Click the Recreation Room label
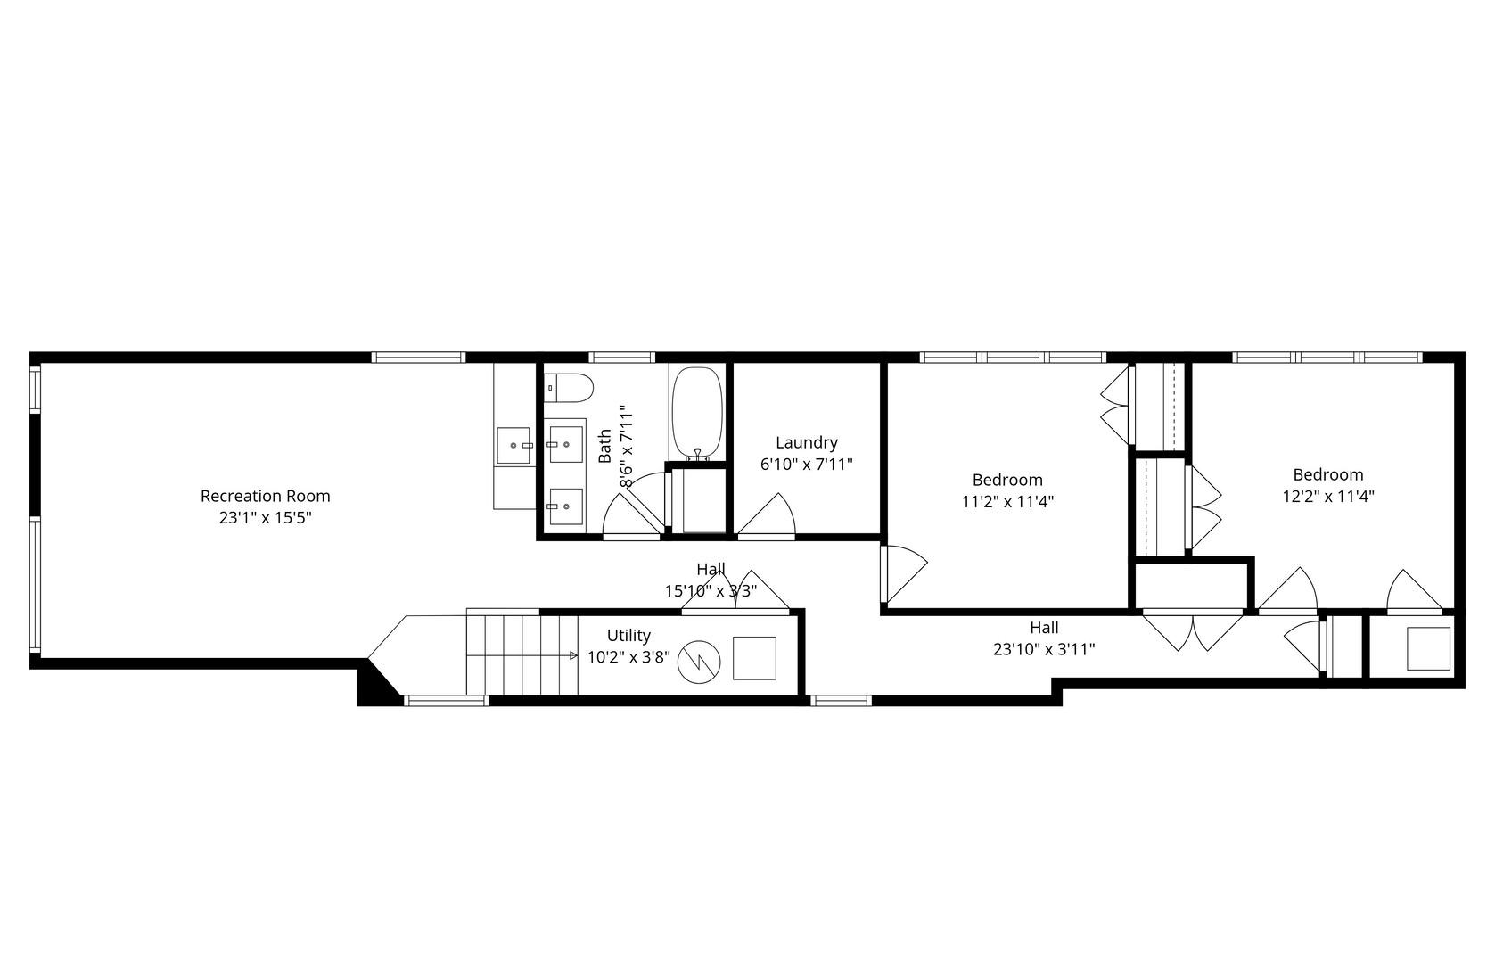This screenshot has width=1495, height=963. click(x=265, y=496)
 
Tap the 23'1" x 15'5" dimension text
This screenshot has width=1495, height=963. click(x=265, y=517)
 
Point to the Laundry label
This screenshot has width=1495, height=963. click(x=806, y=442)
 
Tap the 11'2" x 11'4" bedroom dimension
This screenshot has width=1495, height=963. click(x=1007, y=501)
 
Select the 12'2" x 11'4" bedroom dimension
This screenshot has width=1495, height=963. click(x=1328, y=497)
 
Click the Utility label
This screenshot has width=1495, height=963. click(x=628, y=636)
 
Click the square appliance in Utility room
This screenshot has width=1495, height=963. click(x=754, y=658)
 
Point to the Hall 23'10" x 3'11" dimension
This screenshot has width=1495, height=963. click(x=1044, y=649)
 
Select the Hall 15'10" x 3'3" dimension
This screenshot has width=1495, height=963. click(x=711, y=590)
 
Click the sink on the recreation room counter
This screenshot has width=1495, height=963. click(x=514, y=445)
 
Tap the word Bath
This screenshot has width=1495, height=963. click(x=605, y=446)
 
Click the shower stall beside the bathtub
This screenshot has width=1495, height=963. click(x=698, y=498)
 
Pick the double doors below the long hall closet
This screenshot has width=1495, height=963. click(x=1192, y=630)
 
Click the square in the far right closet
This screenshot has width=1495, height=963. click(x=1428, y=648)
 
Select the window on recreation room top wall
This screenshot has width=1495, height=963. click(x=419, y=358)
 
